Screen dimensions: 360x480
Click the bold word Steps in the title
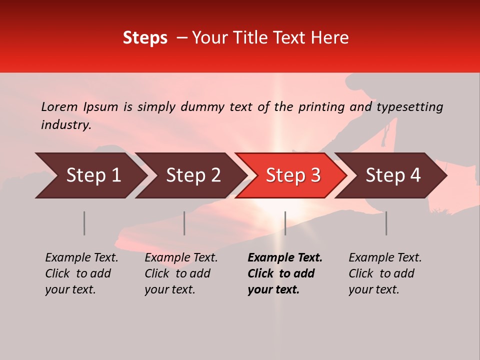[x=145, y=38]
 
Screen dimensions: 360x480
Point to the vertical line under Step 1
[x=84, y=223]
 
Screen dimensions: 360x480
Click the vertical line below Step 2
[x=184, y=223]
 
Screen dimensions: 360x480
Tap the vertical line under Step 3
[x=285, y=223]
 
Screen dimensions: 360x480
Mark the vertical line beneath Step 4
[x=386, y=223]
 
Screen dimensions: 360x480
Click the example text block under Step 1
[x=81, y=273]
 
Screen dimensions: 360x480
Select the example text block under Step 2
[x=181, y=273]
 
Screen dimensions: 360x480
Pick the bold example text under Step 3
[x=285, y=273]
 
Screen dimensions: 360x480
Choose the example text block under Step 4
[x=385, y=273]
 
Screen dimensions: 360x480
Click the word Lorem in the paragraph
[x=59, y=107]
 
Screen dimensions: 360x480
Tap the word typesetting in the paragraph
[x=409, y=107]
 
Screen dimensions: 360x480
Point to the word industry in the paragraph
[x=65, y=125]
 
